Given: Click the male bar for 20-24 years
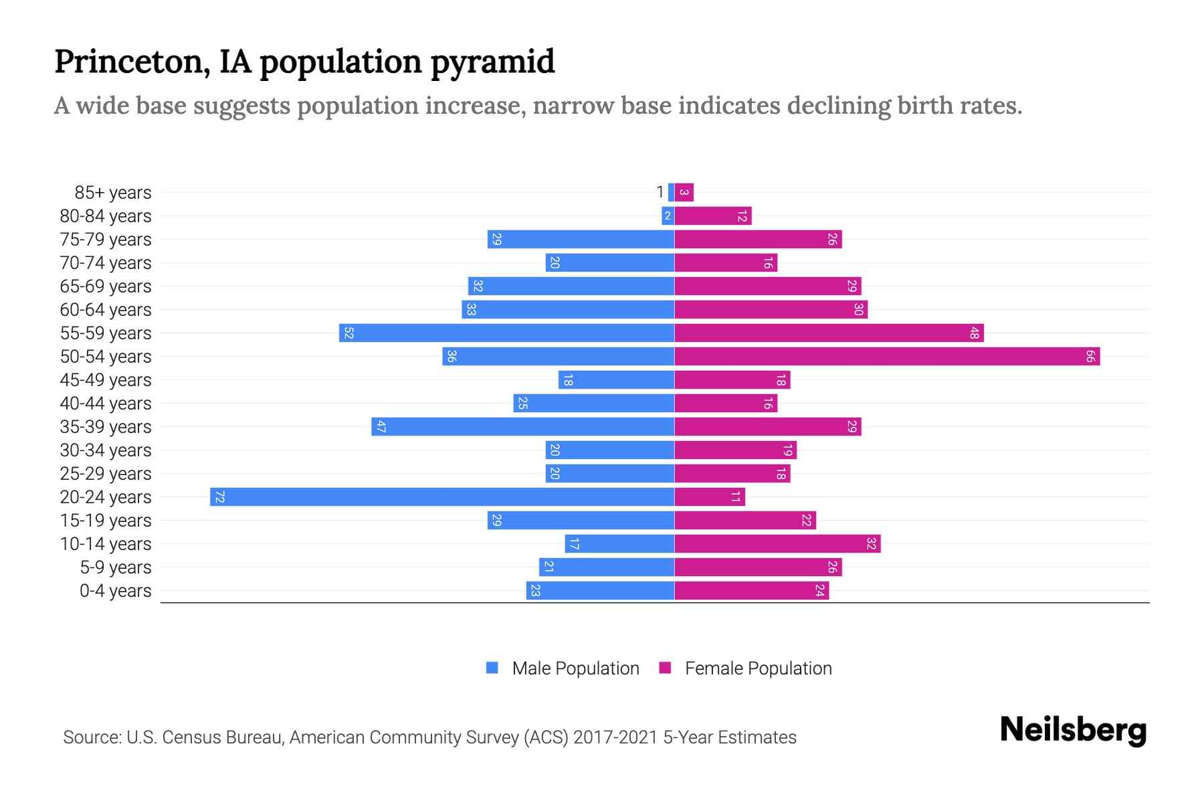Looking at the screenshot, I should [441, 497].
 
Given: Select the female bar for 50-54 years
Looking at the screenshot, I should [887, 357].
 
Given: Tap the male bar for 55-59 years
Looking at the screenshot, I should [506, 333].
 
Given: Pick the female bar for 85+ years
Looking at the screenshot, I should [684, 193].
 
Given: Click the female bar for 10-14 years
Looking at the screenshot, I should [777, 544].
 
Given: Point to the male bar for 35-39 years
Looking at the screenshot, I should [522, 427].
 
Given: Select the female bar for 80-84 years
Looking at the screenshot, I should [713, 216].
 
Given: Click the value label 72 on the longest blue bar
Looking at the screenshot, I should [219, 497].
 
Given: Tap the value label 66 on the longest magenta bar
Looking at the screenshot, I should [1090, 357].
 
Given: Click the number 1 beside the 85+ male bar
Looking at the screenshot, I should [660, 193].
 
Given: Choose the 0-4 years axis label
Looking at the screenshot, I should [115, 591].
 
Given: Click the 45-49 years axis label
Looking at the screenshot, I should [106, 380].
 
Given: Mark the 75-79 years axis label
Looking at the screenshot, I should [106, 240].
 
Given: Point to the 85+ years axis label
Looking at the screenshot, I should [113, 193].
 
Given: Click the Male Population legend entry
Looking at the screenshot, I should [575, 668].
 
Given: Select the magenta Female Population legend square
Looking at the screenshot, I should [665, 668].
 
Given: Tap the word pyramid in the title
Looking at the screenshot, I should [492, 62].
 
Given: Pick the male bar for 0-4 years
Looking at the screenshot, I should [600, 591].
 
